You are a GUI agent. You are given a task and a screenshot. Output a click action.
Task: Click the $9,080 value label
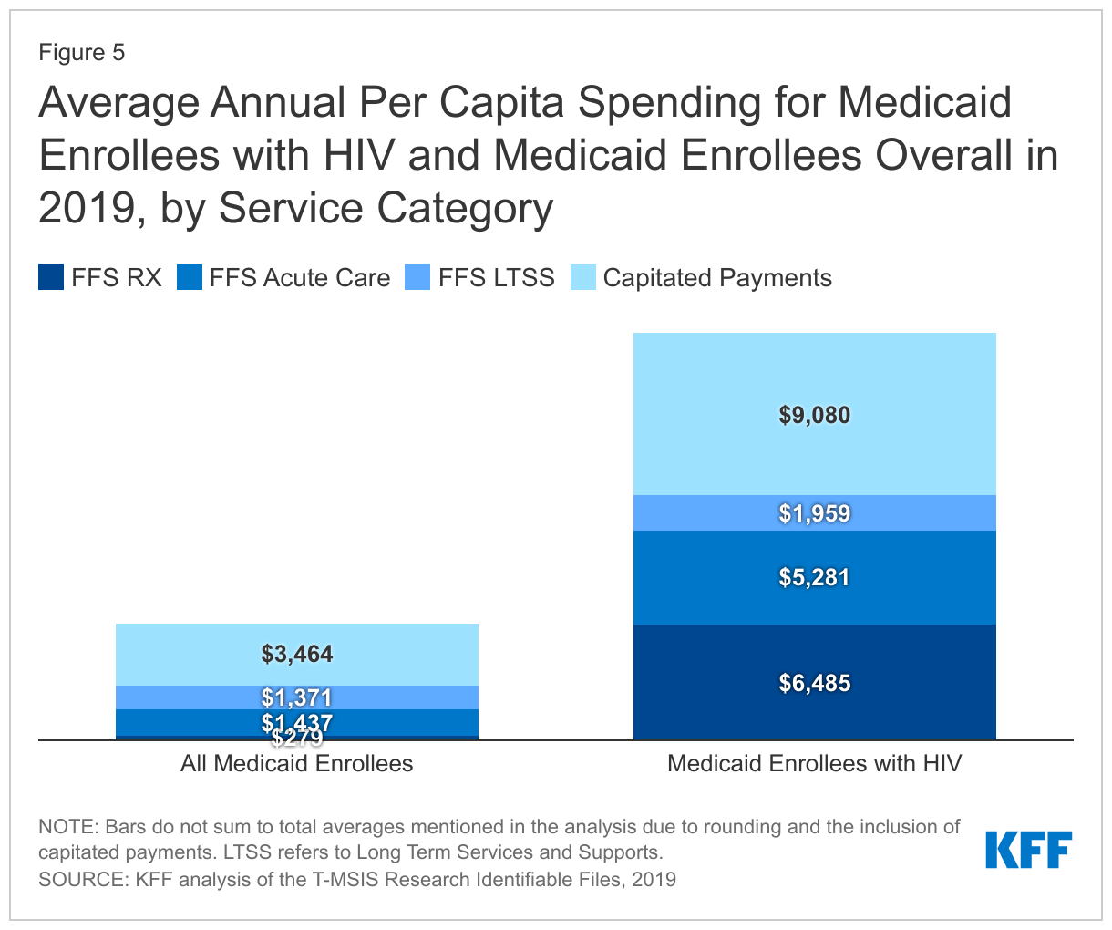tap(814, 416)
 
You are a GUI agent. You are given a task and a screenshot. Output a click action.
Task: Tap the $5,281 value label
tap(814, 577)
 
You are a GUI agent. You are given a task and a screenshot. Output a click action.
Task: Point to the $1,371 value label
tap(297, 697)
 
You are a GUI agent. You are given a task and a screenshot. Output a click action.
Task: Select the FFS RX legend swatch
tap(51, 277)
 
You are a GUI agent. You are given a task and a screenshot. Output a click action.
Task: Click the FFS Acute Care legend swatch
tap(189, 277)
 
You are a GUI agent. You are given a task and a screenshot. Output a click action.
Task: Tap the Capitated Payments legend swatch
tap(583, 277)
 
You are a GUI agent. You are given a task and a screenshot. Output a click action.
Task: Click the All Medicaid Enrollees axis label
tap(297, 763)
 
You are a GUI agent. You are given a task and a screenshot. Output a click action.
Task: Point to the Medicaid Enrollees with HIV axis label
tap(814, 763)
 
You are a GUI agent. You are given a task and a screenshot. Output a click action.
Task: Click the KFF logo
tap(1028, 850)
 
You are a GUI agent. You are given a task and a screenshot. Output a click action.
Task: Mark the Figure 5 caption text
tap(81, 53)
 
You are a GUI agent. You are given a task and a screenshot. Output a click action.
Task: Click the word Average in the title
tap(118, 102)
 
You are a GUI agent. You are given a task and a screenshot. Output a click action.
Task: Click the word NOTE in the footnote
tap(67, 827)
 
